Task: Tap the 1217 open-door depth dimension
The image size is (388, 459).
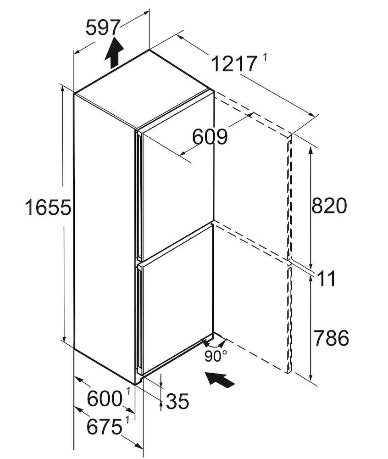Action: coord(234,64)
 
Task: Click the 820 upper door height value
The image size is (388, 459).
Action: coord(329,206)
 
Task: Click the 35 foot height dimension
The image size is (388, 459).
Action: coord(177,402)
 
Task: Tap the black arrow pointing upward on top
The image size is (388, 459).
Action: coord(114,53)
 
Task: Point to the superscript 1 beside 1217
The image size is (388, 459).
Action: coord(266,57)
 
